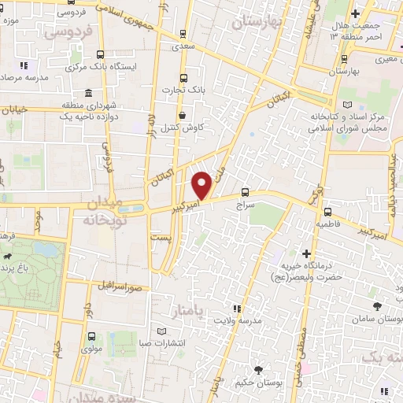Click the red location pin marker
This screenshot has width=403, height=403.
coord(201,185)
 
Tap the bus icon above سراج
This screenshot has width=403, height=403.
coord(245,191)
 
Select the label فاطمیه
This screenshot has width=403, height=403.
coord(329,224)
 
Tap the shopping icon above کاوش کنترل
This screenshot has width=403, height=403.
coord(183,115)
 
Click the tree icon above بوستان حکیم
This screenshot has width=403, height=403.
coord(259,370)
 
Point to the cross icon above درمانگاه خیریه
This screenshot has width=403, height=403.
coord(307,253)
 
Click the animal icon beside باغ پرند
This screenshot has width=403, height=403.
coord(8,258)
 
